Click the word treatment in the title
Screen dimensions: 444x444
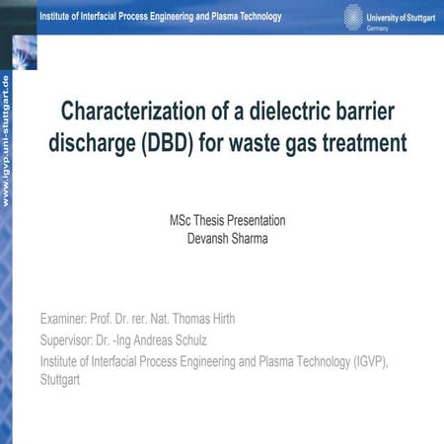pyautogui.click(x=369, y=142)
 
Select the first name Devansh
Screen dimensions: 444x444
pyautogui.click(x=210, y=237)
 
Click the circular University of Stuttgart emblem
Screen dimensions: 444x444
pyautogui.click(x=353, y=16)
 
